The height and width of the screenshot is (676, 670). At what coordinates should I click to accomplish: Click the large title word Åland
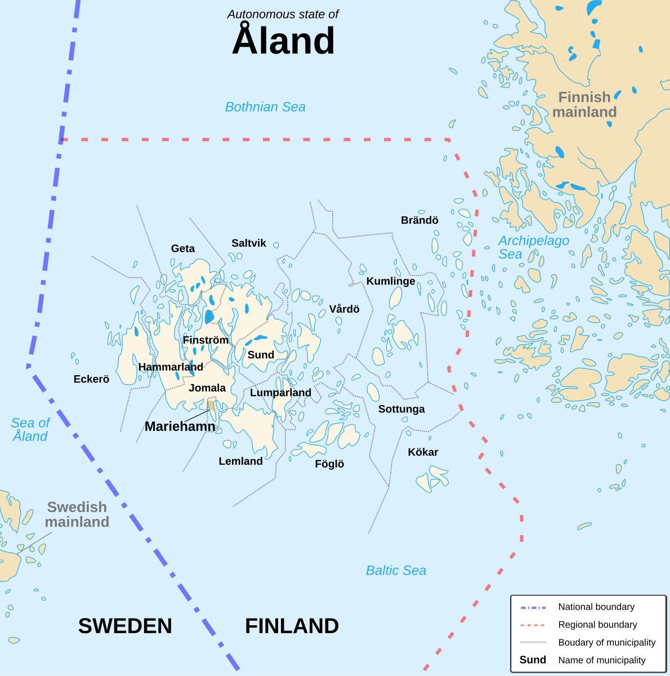tap(283, 41)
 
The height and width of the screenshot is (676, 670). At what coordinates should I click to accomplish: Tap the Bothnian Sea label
tap(265, 107)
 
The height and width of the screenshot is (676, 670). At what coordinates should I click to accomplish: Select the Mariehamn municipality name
tap(180, 426)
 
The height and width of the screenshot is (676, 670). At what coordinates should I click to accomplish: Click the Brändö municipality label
tap(419, 220)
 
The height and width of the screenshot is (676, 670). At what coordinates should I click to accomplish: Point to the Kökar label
tap(423, 452)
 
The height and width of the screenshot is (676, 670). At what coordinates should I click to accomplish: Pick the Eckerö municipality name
tap(91, 379)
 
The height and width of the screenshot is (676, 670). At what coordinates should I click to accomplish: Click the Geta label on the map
tap(183, 248)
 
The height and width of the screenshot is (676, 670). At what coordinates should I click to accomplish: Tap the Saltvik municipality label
tap(249, 243)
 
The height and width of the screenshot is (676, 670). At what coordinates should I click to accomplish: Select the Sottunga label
tap(401, 409)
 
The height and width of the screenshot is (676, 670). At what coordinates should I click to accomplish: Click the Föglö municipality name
tap(329, 464)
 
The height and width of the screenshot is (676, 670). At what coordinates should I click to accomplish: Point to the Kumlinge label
tap(391, 281)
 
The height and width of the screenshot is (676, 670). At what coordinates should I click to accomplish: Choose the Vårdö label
tap(344, 309)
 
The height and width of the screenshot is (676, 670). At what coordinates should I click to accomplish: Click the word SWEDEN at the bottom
tap(125, 626)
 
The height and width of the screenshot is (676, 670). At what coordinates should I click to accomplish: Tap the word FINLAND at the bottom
tap(292, 626)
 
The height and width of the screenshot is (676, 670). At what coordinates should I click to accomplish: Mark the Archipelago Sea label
tap(533, 247)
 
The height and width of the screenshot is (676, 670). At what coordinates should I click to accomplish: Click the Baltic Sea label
tap(396, 571)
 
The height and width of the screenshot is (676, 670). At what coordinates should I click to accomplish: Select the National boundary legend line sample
tap(533, 607)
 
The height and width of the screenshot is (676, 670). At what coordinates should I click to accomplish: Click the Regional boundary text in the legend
tap(597, 625)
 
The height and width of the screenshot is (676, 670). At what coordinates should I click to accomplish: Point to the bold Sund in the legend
tap(533, 660)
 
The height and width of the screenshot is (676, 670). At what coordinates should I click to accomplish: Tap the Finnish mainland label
tap(584, 105)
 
